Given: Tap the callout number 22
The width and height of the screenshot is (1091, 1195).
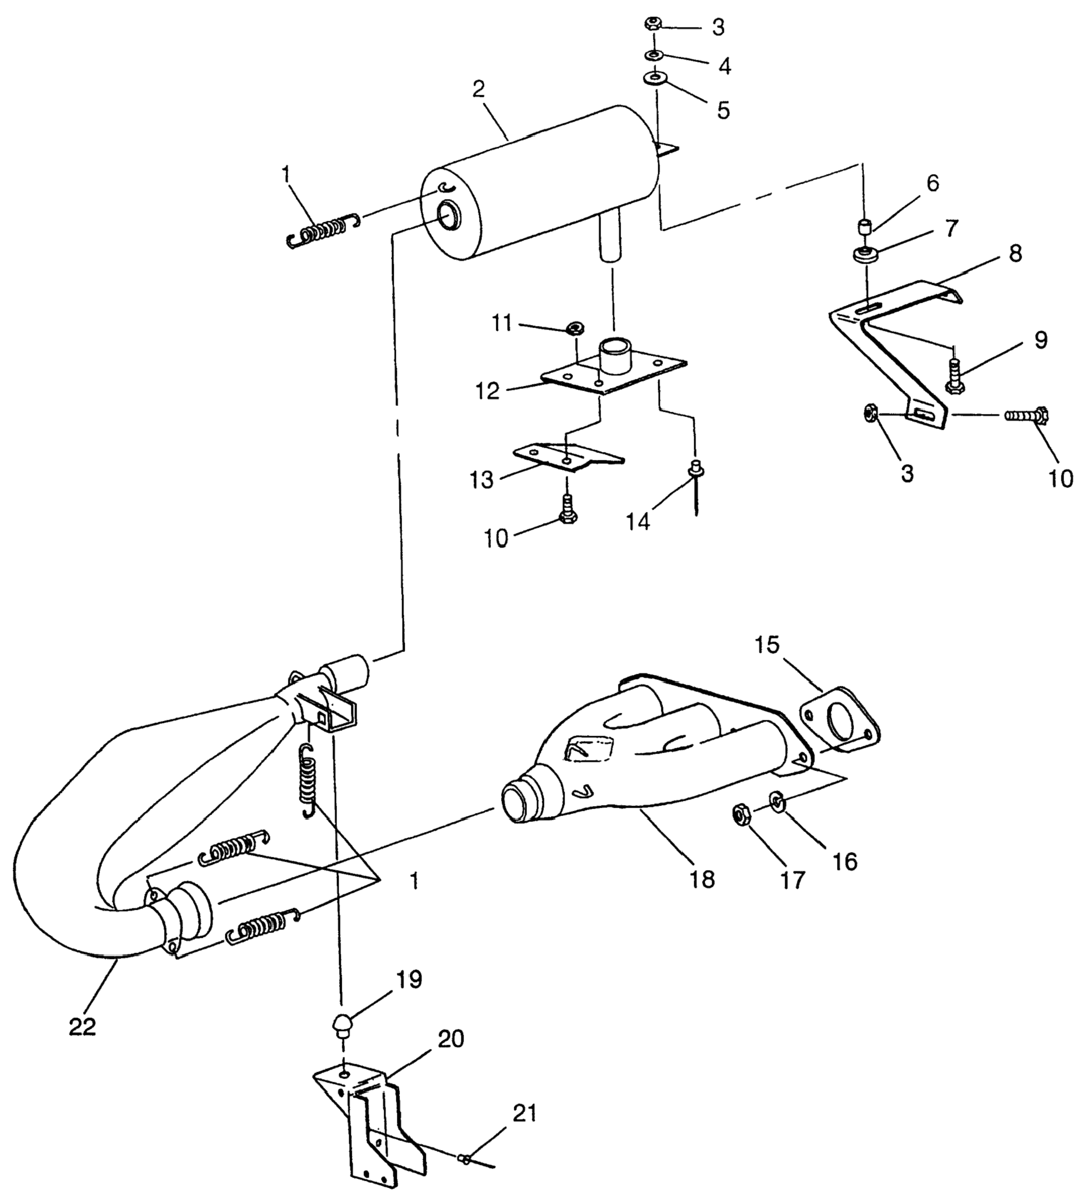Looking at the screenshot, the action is point(83,1027).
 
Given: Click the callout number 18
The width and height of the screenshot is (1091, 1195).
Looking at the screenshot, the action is point(702,880).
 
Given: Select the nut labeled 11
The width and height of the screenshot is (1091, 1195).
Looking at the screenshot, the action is point(574,327).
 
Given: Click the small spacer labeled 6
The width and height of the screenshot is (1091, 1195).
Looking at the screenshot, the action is point(866,227).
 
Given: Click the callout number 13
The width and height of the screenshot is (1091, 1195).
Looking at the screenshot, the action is point(481,480).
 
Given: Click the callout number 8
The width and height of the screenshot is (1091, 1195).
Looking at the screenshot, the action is point(1015,254).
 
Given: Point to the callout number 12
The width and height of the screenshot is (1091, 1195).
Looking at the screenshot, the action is point(488,392).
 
